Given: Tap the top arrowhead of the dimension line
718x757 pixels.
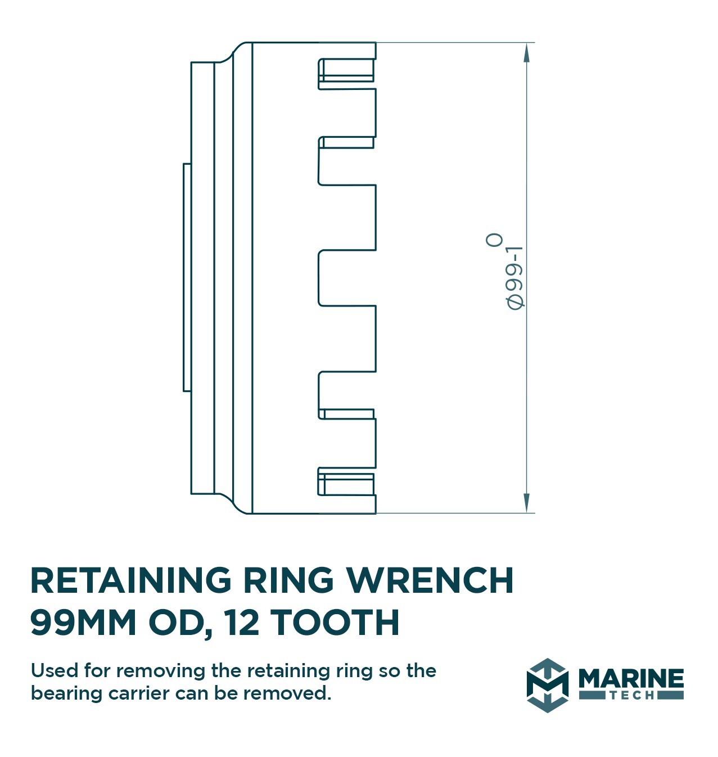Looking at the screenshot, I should [526, 53].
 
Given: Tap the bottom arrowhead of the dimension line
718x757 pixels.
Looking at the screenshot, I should [526, 502].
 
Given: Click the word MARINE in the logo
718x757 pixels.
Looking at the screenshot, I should [631, 679].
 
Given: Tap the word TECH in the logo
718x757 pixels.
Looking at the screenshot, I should [631, 696].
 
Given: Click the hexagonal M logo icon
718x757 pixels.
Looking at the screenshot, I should [547, 685].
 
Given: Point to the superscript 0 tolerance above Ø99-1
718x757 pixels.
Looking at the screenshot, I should [494, 240].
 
